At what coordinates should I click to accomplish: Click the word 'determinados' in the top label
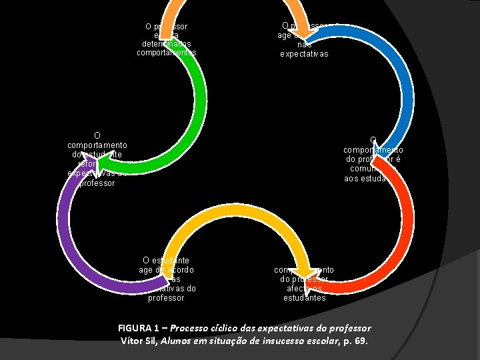pyautogui.click(x=166, y=44)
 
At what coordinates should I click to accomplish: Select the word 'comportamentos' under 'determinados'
pyautogui.click(x=166, y=52)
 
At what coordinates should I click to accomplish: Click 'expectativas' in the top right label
pyautogui.click(x=304, y=54)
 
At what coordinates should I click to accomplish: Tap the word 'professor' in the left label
pyautogui.click(x=97, y=183)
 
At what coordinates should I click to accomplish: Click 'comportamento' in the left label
pyautogui.click(x=97, y=144)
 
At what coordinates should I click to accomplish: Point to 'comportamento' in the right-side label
pyautogui.click(x=373, y=150)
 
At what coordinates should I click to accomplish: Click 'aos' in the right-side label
pyautogui.click(x=351, y=179)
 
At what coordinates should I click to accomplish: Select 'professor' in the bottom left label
pyautogui.click(x=166, y=298)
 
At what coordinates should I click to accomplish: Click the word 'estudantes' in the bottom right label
pyautogui.click(x=304, y=298)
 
